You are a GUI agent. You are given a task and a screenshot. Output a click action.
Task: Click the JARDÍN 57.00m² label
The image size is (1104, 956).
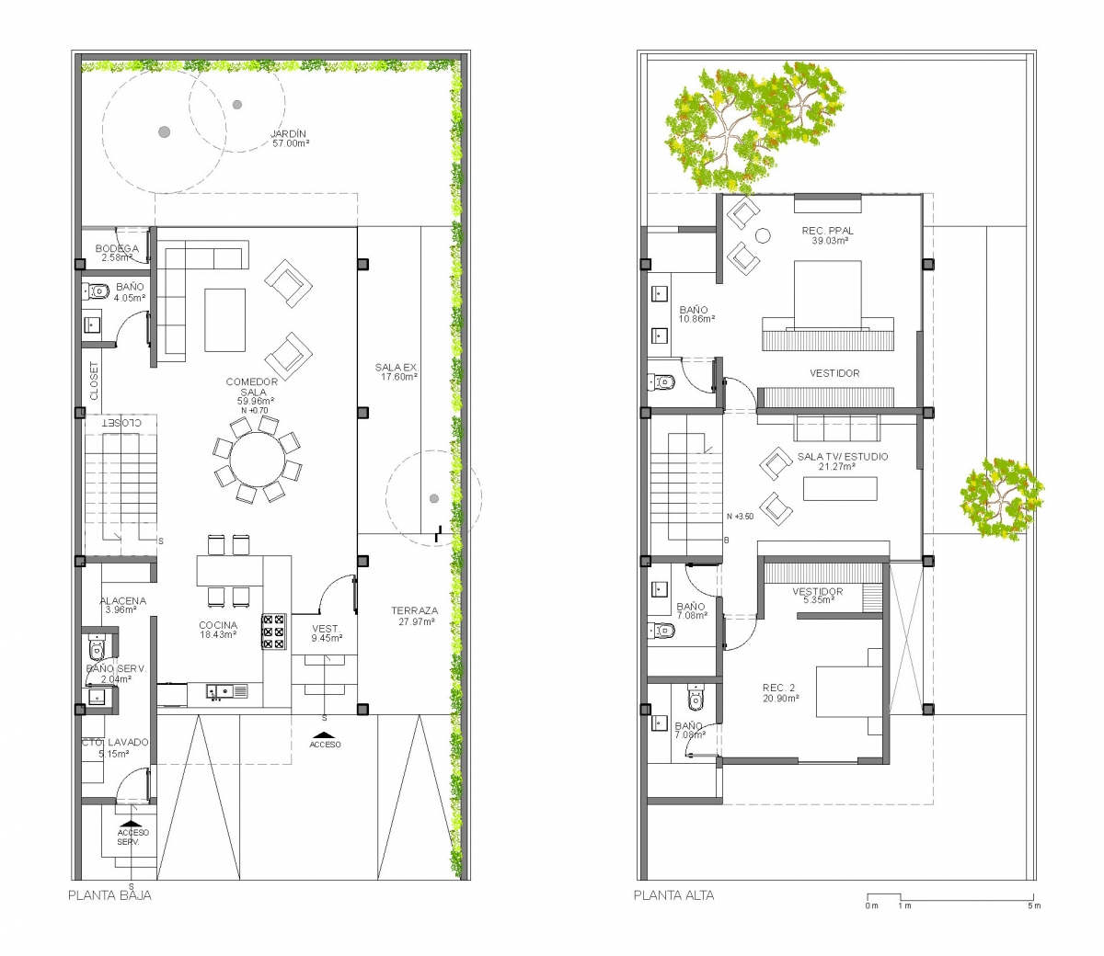(x=291, y=138)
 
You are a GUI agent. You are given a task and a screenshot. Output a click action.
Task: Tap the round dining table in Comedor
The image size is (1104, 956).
(x=258, y=460)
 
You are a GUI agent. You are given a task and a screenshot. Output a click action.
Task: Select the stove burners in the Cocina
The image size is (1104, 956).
(x=274, y=632)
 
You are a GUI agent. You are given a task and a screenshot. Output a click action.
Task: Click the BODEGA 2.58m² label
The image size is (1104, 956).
(x=117, y=253)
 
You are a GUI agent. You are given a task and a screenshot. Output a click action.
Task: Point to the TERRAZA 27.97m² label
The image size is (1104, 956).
(x=415, y=616)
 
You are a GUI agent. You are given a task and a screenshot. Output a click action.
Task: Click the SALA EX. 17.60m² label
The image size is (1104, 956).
(x=397, y=372)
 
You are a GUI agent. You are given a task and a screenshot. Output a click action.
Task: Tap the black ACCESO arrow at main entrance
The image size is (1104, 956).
(x=324, y=734)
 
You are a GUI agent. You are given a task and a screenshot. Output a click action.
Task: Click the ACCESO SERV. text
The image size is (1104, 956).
(x=132, y=837)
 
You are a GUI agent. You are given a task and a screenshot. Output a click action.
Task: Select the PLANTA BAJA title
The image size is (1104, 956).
(x=110, y=895)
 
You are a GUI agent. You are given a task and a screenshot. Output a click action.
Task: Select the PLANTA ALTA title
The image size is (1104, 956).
(x=674, y=895)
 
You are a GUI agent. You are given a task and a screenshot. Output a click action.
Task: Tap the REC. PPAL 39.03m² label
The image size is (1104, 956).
(x=828, y=235)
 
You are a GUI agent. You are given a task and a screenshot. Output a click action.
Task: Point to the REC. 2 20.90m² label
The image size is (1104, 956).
(x=781, y=693)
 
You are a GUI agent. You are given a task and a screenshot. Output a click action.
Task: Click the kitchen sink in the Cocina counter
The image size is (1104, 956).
(x=227, y=692)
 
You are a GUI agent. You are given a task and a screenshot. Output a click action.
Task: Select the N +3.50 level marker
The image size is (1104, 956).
(x=741, y=517)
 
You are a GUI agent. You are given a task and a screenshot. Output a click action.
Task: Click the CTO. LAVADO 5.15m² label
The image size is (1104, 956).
(x=115, y=748)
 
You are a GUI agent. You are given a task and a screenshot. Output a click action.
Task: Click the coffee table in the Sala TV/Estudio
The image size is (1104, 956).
(x=840, y=488)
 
